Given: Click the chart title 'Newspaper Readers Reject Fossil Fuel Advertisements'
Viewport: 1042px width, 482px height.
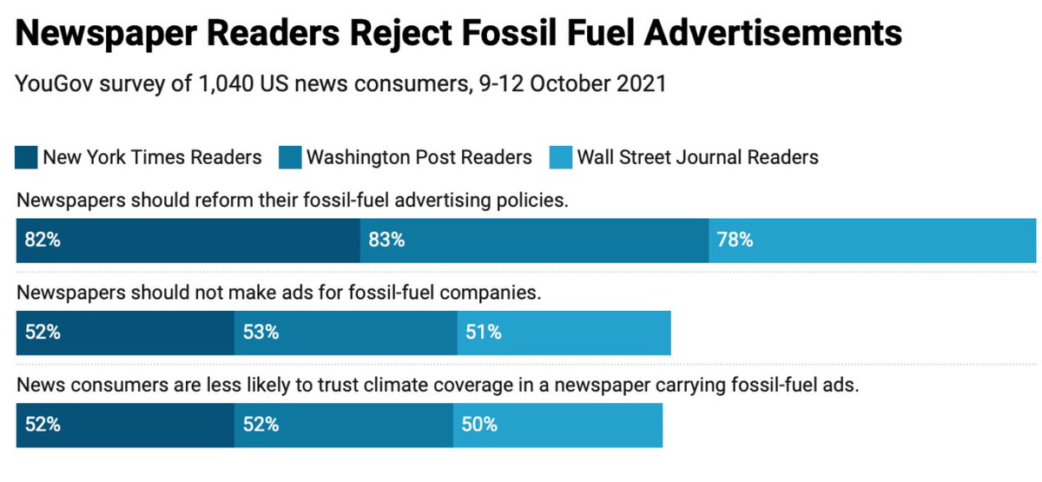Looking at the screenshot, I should click(458, 34).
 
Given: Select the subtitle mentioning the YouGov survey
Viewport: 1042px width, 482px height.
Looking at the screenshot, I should click(340, 84).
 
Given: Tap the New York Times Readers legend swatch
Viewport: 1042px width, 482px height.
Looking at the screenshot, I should click(27, 157).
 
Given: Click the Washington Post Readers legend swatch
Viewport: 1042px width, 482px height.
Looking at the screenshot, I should click(290, 157).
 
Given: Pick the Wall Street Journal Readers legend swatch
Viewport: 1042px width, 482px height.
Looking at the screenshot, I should click(561, 157).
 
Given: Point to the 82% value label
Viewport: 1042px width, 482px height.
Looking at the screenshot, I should click(43, 241).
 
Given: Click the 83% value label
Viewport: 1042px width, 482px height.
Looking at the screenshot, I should click(386, 241).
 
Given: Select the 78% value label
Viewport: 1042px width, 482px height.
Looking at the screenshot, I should click(735, 241).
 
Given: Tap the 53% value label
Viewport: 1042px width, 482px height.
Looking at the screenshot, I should click(260, 333).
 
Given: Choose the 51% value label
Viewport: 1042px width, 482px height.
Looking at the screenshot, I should click(483, 333).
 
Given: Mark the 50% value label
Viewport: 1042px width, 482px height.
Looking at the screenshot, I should click(479, 425).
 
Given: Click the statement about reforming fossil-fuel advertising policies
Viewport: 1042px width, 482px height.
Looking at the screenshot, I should click(293, 201).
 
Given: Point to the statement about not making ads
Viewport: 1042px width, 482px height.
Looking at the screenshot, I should click(279, 293).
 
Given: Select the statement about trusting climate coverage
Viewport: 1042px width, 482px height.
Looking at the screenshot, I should click(438, 385).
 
